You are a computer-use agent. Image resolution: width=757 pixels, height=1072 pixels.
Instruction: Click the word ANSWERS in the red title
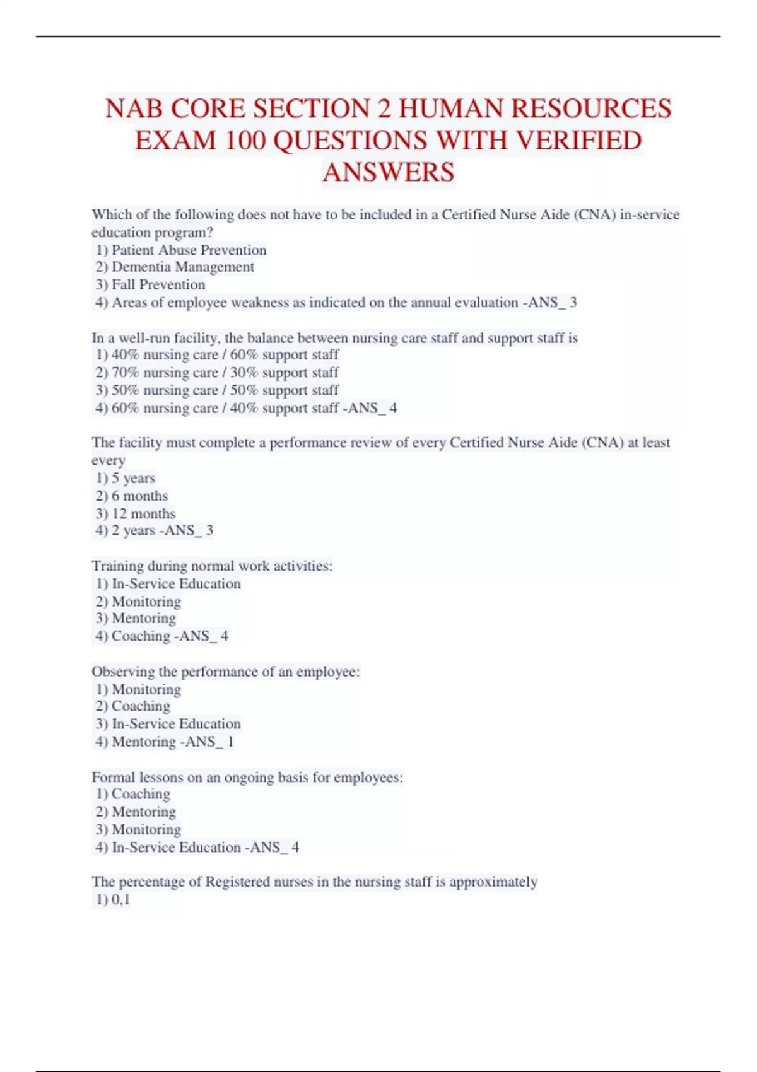pyautogui.click(x=388, y=172)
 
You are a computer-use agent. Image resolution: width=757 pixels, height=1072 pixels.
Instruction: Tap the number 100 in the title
pyautogui.click(x=242, y=140)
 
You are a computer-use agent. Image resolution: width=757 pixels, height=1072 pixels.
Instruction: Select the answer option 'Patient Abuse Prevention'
pyautogui.click(x=189, y=250)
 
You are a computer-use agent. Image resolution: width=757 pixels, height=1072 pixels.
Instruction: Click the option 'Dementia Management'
pyautogui.click(x=182, y=267)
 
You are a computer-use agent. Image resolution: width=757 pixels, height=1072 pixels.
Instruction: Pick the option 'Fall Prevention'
pyautogui.click(x=158, y=285)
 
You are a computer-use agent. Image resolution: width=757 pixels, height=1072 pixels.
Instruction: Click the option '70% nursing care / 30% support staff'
pyautogui.click(x=225, y=373)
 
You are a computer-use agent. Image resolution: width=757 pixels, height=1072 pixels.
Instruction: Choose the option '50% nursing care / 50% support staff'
pyautogui.click(x=225, y=390)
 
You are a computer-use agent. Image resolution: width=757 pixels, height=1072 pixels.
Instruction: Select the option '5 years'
pyautogui.click(x=132, y=478)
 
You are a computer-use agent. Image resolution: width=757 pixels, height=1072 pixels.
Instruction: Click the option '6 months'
pyautogui.click(x=139, y=496)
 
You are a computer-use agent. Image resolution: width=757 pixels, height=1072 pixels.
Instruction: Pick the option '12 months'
pyautogui.click(x=143, y=513)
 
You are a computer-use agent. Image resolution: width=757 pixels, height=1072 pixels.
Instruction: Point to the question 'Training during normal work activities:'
pyautogui.click(x=212, y=566)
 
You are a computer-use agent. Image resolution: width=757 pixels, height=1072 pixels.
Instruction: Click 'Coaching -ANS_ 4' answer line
pyautogui.click(x=169, y=636)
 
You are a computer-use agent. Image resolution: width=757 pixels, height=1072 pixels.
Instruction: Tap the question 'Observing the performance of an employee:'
pyautogui.click(x=226, y=672)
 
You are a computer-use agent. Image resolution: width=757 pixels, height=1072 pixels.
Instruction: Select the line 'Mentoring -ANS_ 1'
pyautogui.click(x=172, y=742)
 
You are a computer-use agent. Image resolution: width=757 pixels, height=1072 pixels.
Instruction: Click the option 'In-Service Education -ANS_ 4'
pyautogui.click(x=204, y=847)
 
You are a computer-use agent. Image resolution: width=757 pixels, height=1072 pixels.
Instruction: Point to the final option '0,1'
pyautogui.click(x=120, y=899)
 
